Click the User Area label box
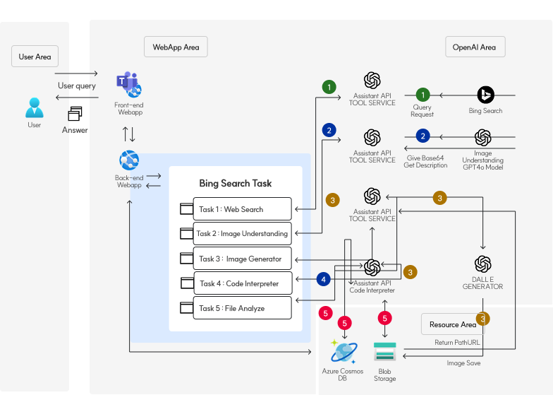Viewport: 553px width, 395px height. pos(34,57)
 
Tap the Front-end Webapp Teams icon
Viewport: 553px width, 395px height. pos(129,85)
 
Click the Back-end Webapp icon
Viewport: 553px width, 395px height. pos(129,160)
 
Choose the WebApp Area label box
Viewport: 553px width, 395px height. pos(176,47)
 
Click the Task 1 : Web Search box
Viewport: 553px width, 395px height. pos(237,209)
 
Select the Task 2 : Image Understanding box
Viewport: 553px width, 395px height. pos(237,233)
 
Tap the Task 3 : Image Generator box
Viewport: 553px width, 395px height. pos(237,259)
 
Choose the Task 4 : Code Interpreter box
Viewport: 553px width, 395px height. pos(237,283)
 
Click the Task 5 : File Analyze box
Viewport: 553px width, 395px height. pos(237,308)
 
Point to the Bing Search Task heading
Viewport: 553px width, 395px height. pos(235,184)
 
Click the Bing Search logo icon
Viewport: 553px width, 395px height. pos(485,95)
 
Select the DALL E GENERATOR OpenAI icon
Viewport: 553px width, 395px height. pos(482,264)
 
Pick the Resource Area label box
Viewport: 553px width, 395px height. pos(452,324)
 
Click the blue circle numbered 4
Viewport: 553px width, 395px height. pos(324,279)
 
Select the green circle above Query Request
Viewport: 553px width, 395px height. pos(423,94)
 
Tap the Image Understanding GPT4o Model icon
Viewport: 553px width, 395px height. pos(482,138)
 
